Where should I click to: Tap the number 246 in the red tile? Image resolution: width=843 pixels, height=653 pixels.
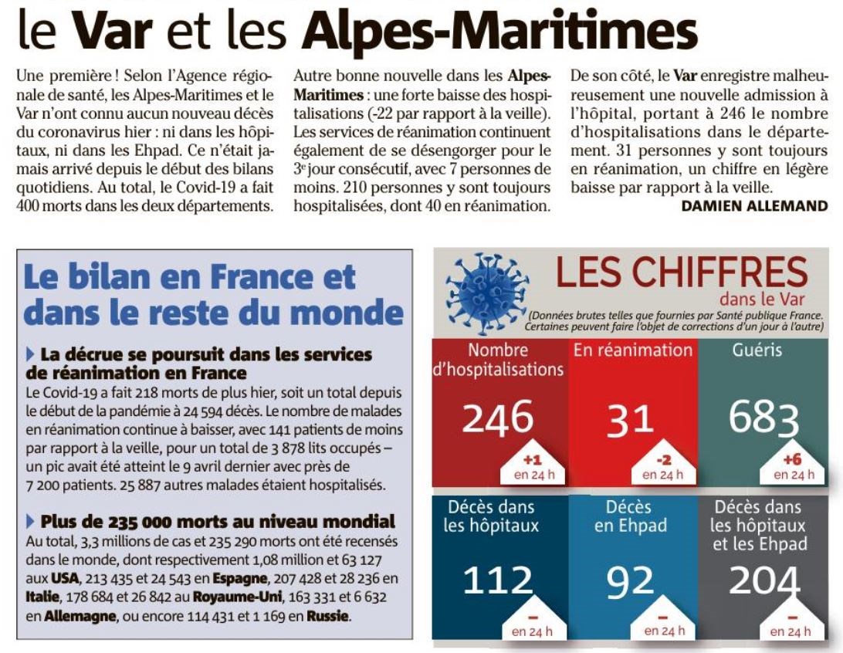coord(497,417)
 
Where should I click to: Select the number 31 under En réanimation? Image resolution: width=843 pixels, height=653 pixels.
coord(630,419)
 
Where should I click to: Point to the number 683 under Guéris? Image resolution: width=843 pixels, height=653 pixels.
coord(763,418)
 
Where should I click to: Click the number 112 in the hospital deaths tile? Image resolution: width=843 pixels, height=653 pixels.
coord(498,580)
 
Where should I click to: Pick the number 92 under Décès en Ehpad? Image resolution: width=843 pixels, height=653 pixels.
coord(630,582)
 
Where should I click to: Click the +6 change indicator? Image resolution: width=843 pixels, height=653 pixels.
coord(792,459)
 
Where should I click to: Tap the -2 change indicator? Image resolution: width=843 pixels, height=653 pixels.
coord(663,460)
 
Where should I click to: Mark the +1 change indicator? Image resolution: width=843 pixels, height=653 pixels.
coord(532,460)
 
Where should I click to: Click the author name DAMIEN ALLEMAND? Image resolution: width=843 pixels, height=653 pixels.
coord(754,206)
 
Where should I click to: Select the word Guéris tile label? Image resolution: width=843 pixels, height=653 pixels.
coord(757,350)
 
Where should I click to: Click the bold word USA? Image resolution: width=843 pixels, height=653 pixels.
coord(65,579)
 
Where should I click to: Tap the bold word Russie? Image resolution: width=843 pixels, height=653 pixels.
coord(327,616)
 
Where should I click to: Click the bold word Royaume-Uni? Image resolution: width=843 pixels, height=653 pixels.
coord(237,597)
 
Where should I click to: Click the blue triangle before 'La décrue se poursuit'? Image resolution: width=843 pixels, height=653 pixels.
coord(30,355)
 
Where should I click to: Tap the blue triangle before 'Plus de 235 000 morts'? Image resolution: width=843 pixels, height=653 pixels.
coord(30,521)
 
